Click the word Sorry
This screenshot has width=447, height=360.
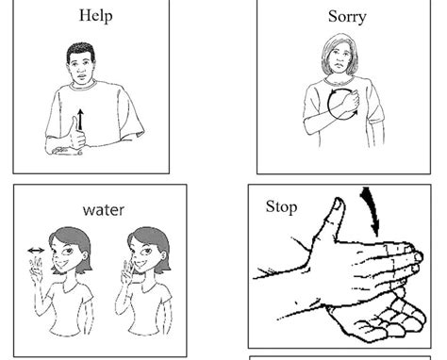point(347,16)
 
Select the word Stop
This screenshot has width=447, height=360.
point(281,205)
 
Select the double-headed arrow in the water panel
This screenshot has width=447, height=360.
point(37,251)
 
